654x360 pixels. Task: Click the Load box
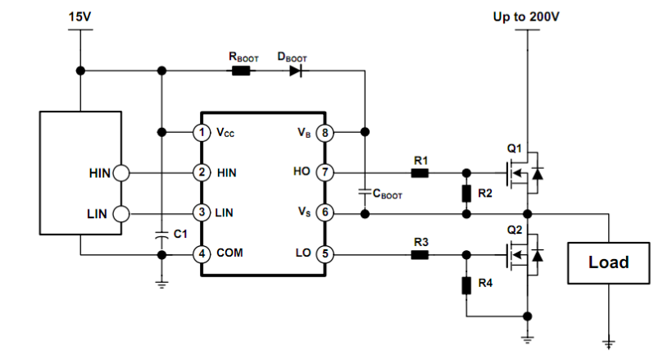pos(608,262)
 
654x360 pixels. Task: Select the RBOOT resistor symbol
pos(241,71)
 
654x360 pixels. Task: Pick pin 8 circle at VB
pos(325,131)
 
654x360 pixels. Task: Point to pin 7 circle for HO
pos(325,172)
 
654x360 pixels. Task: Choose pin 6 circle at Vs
pos(325,212)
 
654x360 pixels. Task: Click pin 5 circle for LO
pos(325,253)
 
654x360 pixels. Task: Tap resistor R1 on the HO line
pos(420,172)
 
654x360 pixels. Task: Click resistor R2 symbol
pos(466,193)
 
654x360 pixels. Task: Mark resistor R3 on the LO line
pos(420,253)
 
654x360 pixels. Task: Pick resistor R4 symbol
pos(466,285)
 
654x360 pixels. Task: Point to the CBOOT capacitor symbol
pos(365,192)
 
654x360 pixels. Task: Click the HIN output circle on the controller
pos(120,172)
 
